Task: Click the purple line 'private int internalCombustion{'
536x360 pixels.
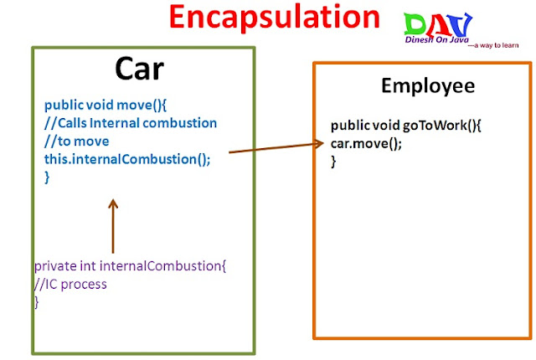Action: (130, 266)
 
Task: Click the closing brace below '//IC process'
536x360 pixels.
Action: (37, 302)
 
